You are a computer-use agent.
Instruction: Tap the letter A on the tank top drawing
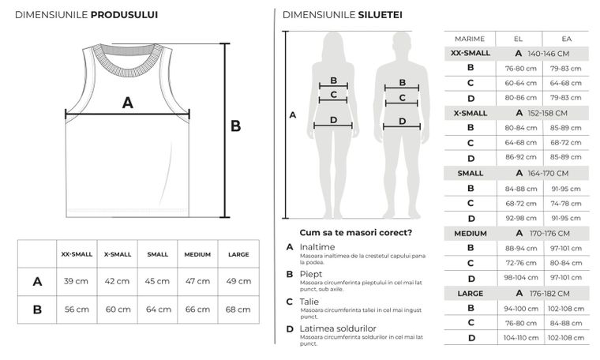pyautogui.click(x=127, y=102)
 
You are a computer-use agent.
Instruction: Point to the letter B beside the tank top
pyautogui.click(x=235, y=126)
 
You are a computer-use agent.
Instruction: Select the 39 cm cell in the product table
pyautogui.click(x=76, y=281)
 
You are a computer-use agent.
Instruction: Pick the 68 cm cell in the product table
pyautogui.click(x=238, y=309)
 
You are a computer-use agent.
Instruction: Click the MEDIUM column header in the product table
pyautogui.click(x=197, y=254)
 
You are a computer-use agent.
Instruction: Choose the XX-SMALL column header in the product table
pyautogui.click(x=77, y=254)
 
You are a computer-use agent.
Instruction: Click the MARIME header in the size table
pyautogui.click(x=469, y=38)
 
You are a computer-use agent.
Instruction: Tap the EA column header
pyautogui.click(x=566, y=38)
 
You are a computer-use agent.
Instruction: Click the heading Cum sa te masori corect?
pyautogui.click(x=355, y=232)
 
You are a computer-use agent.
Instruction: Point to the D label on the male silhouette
pyautogui.click(x=402, y=122)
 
